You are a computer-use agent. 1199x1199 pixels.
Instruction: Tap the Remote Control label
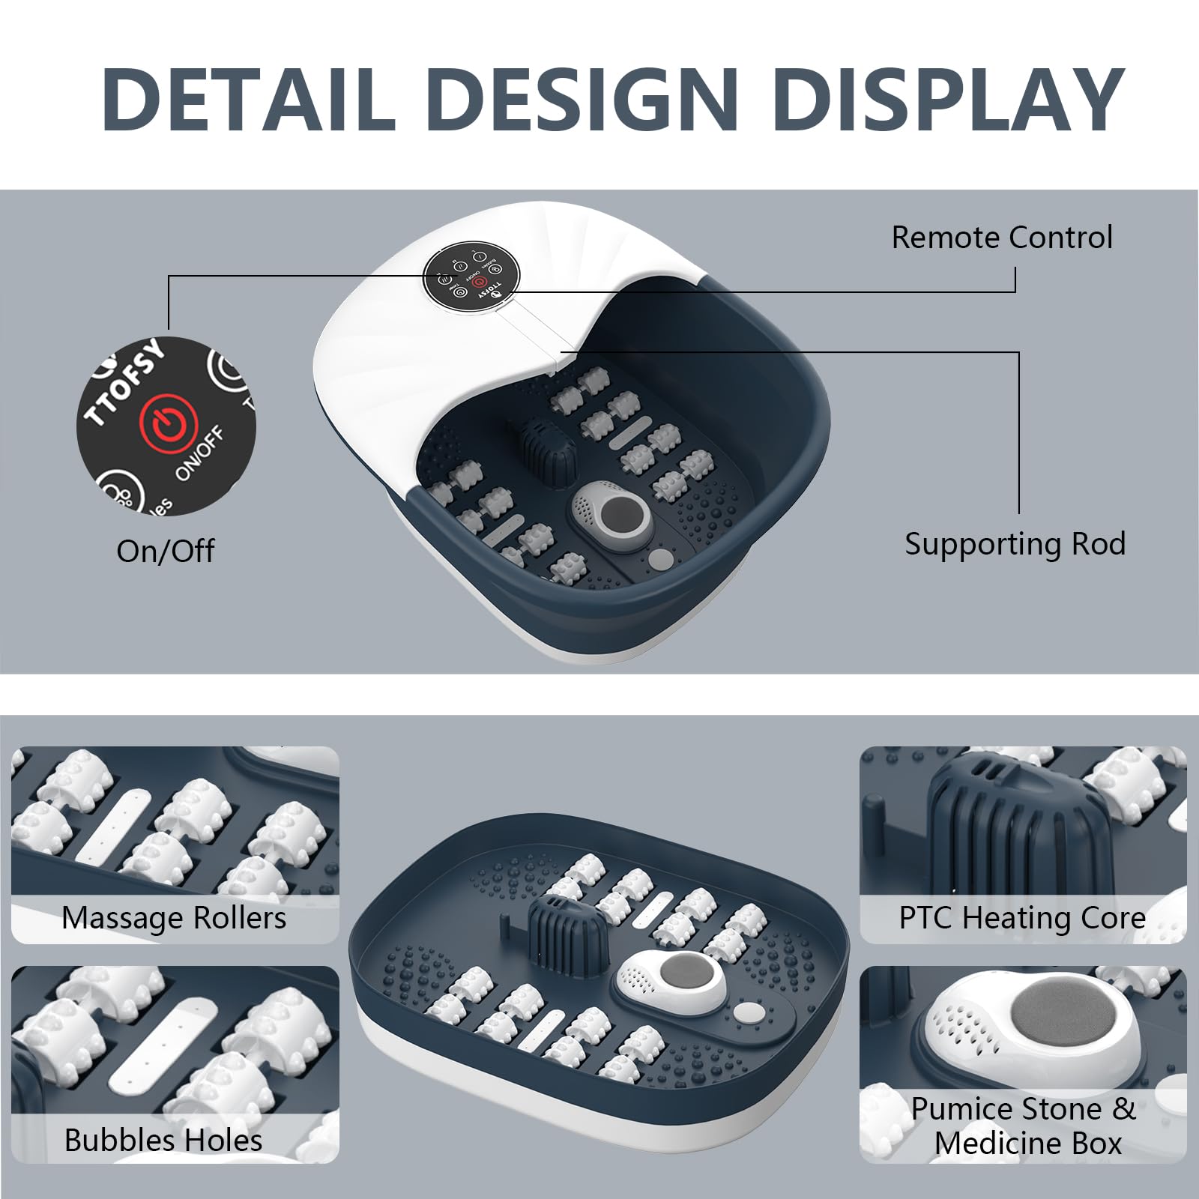[1001, 238]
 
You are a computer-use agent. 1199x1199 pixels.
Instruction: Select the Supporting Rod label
[1015, 544]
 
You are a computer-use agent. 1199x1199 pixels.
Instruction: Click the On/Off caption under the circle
[166, 552]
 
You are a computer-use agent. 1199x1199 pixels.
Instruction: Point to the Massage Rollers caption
[174, 918]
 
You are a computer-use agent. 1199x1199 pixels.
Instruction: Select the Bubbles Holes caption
[163, 1140]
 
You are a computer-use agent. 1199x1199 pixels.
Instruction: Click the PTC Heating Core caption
[1022, 918]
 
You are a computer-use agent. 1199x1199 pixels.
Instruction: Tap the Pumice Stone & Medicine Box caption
[1024, 1126]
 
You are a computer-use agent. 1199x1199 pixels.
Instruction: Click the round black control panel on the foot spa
[471, 276]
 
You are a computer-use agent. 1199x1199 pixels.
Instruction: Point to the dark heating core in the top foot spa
[548, 451]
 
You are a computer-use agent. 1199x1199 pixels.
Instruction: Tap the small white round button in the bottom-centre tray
[746, 1012]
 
